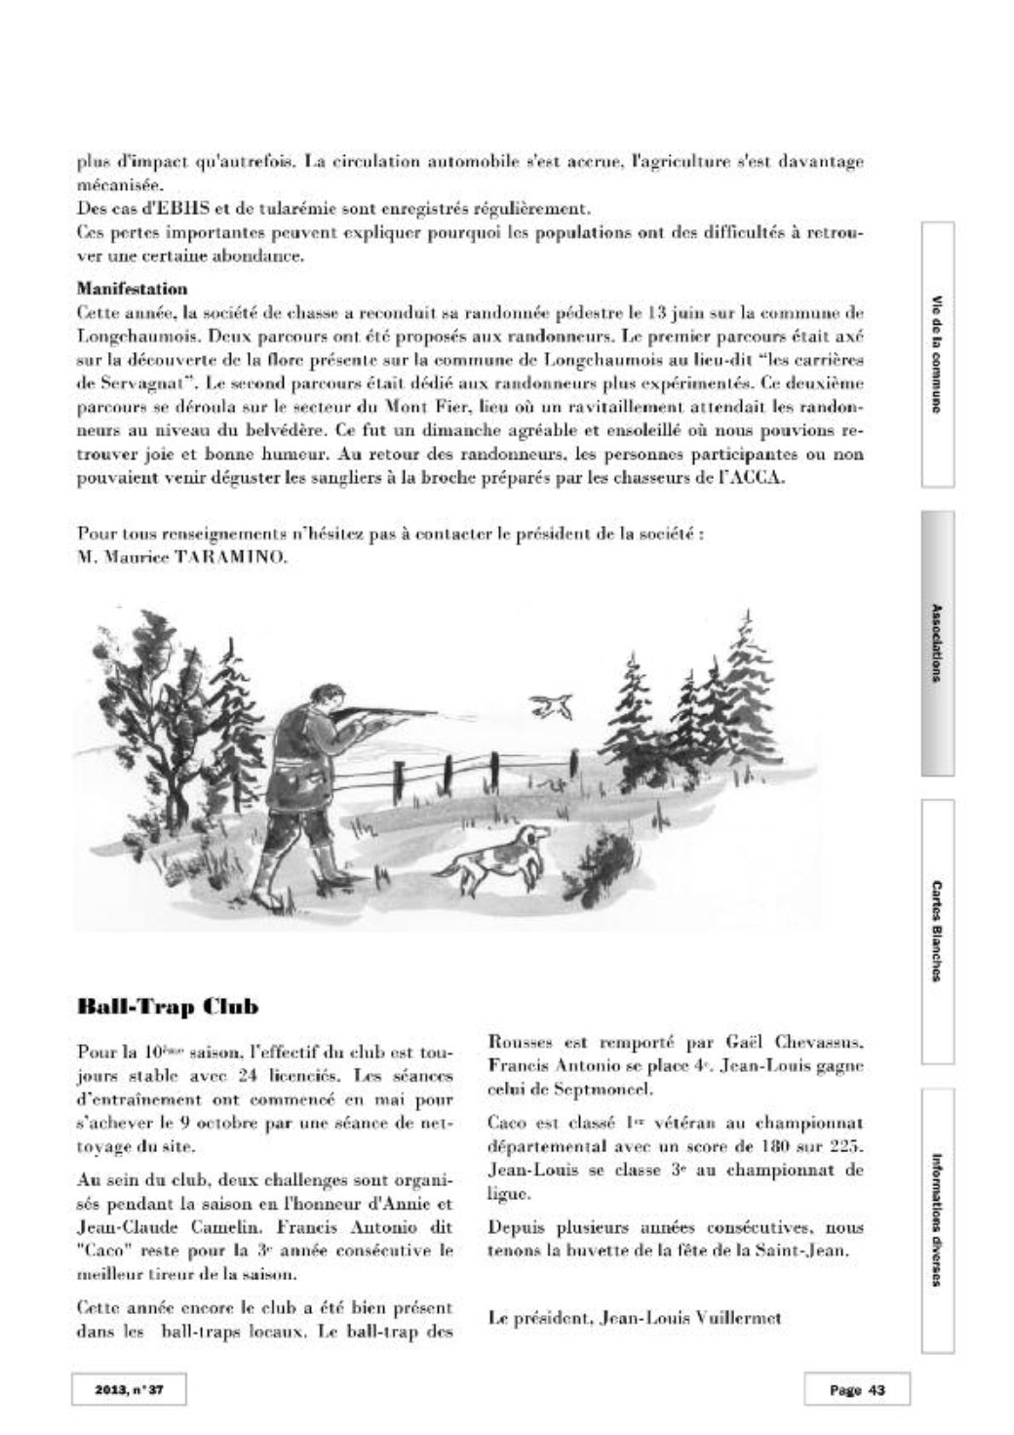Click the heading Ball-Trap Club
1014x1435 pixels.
(x=167, y=1006)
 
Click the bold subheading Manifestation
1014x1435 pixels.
(x=132, y=289)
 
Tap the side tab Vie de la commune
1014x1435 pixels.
(x=937, y=355)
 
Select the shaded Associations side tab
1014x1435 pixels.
(x=937, y=643)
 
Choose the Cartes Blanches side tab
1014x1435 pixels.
(x=937, y=932)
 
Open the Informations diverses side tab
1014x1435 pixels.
(x=937, y=1220)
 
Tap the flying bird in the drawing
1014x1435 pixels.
(x=550, y=702)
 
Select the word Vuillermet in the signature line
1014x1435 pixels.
(x=738, y=1317)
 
